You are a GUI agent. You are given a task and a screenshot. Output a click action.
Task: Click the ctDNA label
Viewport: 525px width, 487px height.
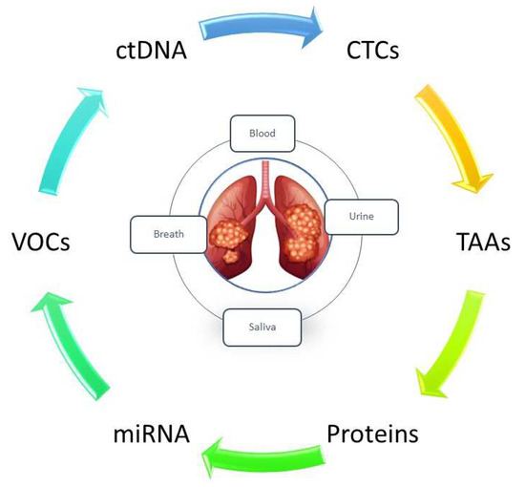[x=147, y=49]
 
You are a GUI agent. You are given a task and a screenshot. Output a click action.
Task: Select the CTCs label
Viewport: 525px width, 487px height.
[x=380, y=49]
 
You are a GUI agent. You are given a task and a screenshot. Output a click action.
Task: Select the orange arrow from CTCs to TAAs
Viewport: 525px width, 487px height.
[x=440, y=134]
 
